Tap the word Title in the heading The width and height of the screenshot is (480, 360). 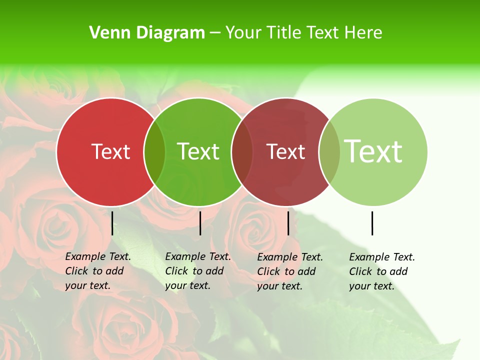pos(283,33)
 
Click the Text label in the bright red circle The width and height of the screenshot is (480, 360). pos(110,151)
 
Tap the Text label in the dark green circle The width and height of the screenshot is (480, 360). pos(198,151)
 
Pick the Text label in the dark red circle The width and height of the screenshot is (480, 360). pos(285,151)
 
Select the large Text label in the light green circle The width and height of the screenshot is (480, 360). pos(373,151)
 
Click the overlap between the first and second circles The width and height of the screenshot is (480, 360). pos(154,152)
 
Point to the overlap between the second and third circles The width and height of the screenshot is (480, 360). pos(242,152)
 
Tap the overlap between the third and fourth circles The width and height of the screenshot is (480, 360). pos(329,152)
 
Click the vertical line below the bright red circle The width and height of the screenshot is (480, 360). pos(112,223)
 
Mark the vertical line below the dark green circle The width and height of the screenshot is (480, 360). pos(200,223)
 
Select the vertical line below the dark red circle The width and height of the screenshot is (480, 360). pos(288,223)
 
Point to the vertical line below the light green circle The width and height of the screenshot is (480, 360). pos(372,223)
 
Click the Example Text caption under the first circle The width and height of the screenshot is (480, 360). pos(97,271)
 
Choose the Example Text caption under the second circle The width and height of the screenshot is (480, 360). pos(197,271)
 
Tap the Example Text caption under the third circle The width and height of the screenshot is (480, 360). pos(289,271)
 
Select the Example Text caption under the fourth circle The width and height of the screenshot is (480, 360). pos(381,271)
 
